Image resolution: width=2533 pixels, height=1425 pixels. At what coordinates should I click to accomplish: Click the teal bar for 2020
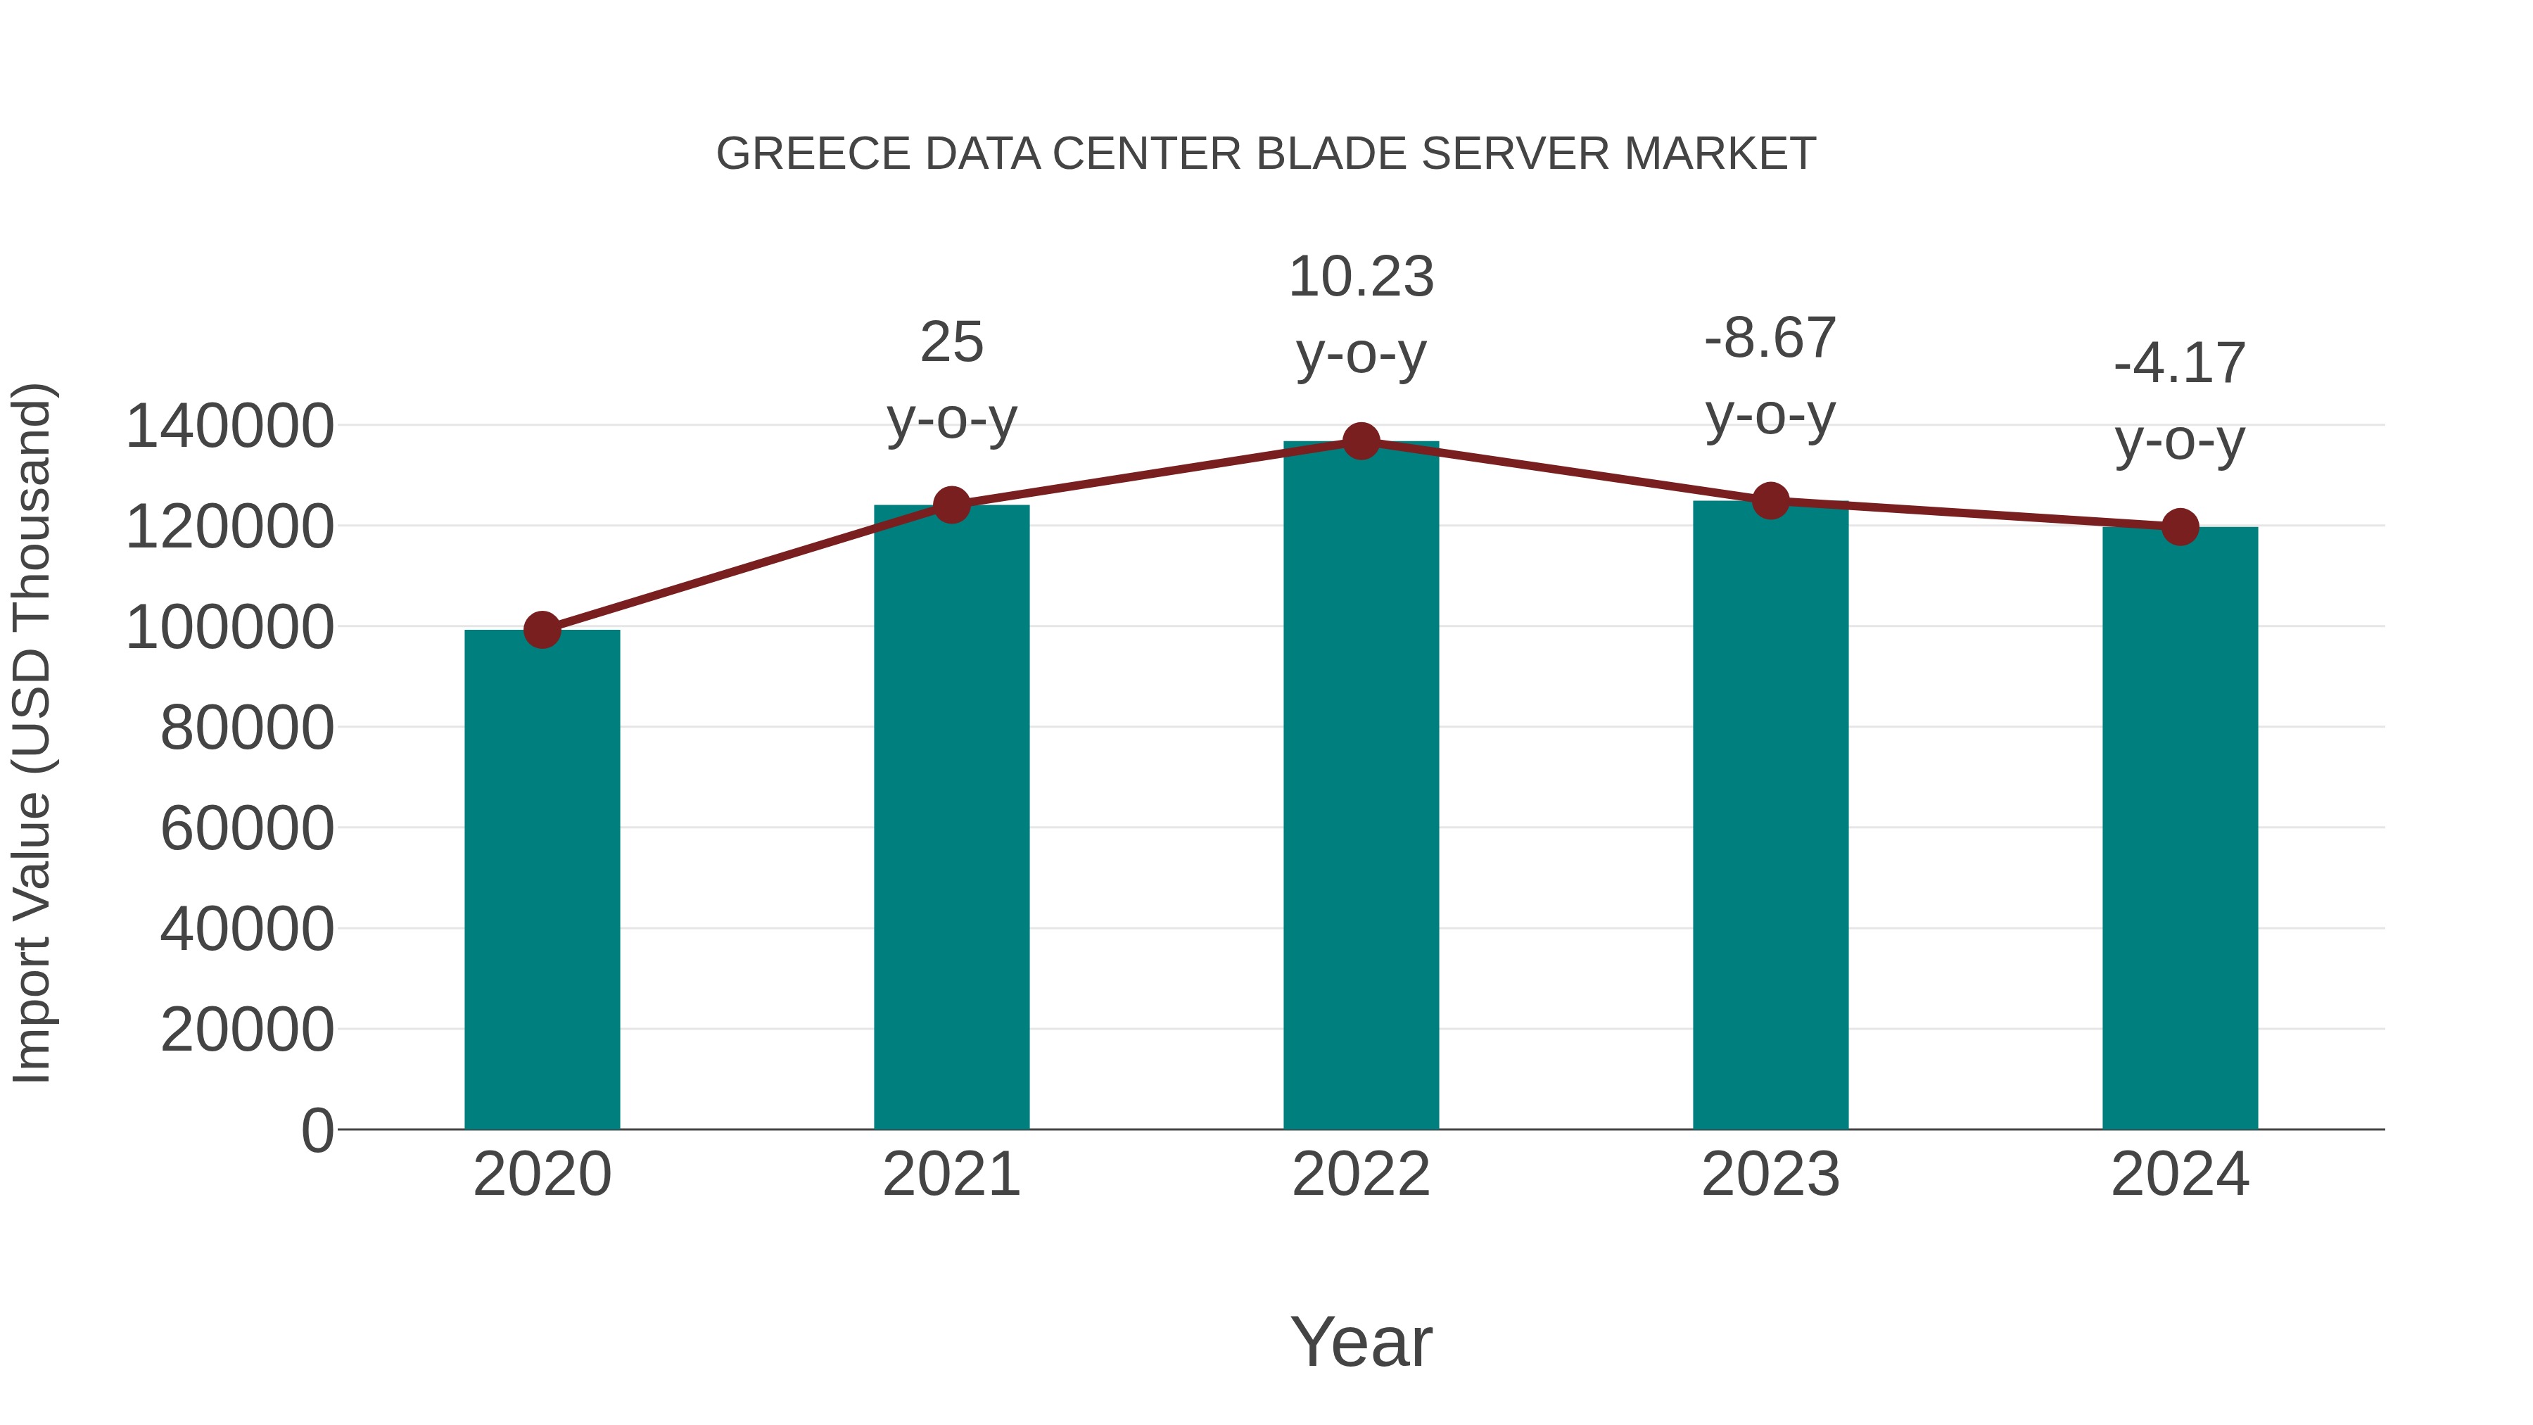point(542,880)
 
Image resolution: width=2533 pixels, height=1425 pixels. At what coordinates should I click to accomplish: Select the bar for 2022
point(1361,787)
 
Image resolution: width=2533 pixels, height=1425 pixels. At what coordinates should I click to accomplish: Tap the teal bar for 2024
point(2180,828)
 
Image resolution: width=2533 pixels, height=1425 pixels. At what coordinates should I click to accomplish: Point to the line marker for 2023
point(1771,500)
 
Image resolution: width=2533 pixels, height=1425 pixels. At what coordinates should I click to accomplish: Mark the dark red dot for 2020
point(542,629)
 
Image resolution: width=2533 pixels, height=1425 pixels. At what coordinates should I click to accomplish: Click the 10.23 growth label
point(1361,277)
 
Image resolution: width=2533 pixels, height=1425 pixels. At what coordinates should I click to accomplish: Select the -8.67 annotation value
point(1770,338)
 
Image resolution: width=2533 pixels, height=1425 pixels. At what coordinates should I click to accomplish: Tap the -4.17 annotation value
point(2180,364)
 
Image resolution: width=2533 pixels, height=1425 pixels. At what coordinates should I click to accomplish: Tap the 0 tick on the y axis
point(317,1130)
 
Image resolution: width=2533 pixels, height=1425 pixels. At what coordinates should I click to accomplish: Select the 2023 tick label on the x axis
point(1770,1174)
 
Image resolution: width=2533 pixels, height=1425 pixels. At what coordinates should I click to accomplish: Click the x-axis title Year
point(1361,1341)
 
